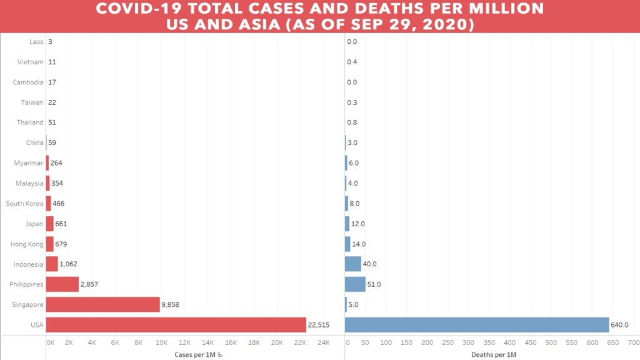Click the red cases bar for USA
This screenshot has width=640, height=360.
click(176, 324)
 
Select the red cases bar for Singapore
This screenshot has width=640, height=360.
click(103, 304)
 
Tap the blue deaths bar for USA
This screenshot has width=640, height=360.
click(477, 324)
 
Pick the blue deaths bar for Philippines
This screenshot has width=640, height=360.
click(355, 284)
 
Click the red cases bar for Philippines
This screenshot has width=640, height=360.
click(62, 284)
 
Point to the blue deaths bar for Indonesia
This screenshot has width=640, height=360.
click(353, 264)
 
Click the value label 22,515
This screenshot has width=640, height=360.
click(318, 325)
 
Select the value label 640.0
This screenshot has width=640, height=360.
click(619, 325)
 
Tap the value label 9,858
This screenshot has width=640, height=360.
click(174, 304)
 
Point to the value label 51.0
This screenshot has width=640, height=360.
click(374, 284)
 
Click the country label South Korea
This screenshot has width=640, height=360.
click(24, 204)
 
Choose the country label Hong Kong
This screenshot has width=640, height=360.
click(27, 244)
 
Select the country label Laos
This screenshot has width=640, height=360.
click(36, 42)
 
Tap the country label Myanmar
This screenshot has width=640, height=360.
click(29, 163)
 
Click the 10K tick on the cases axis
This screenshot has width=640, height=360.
click(161, 343)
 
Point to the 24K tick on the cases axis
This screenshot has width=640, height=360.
click(323, 343)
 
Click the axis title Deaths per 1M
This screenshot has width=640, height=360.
click(494, 355)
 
